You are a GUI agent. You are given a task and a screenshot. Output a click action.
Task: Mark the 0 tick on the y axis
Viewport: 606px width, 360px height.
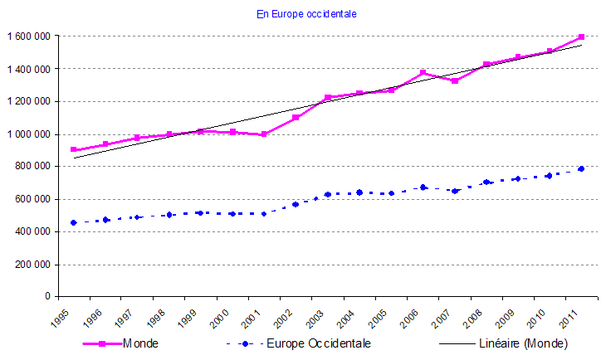pos(49,296)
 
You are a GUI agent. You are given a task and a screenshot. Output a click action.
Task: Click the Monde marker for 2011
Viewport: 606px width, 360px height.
pos(581,36)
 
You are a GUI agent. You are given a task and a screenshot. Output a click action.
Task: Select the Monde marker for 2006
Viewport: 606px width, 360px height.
pos(423,72)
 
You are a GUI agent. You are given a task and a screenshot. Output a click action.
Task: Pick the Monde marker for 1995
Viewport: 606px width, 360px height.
pos(74,150)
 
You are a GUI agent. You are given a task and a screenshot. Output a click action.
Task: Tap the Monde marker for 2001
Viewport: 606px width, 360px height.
pos(264,134)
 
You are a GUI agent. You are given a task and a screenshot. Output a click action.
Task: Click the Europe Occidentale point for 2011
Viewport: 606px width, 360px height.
pos(581,169)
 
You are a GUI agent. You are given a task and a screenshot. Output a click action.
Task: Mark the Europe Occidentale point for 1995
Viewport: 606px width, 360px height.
pos(74,222)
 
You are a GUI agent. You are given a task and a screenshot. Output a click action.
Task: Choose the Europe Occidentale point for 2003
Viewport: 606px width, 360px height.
pos(327,194)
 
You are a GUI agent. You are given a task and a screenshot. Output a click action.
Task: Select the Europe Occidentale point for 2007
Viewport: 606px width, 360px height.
pos(454,191)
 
